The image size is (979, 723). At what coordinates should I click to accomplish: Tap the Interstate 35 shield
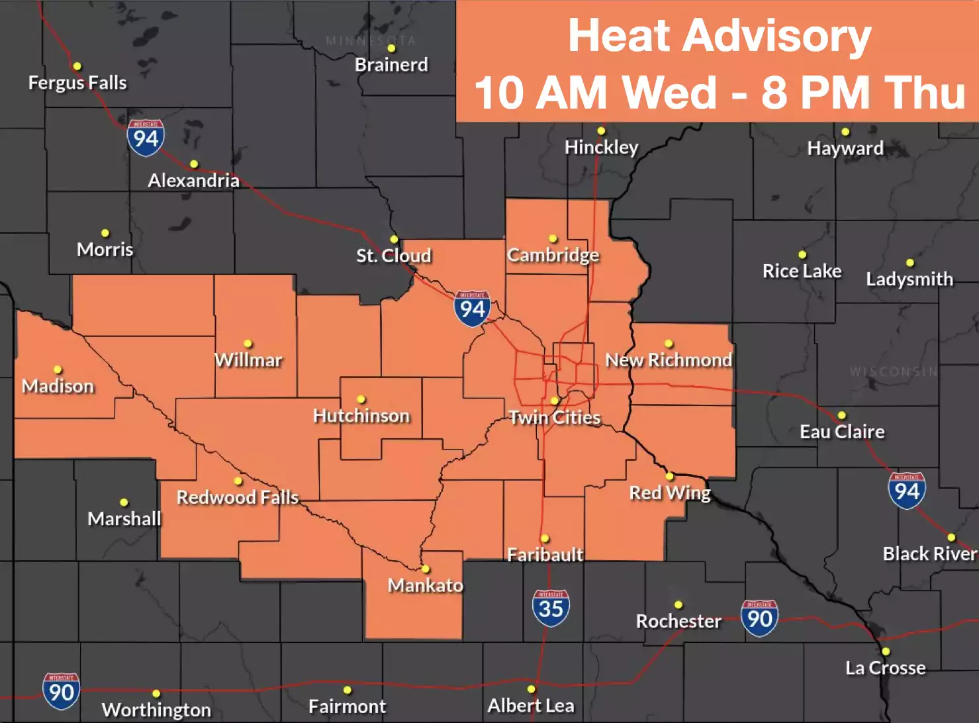551,608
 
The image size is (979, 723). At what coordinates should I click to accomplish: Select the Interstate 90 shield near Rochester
759,618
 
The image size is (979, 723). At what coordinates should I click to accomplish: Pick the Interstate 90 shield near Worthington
62,691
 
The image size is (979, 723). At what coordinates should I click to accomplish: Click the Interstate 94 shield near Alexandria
146,138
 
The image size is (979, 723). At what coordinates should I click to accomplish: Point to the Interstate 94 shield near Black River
906,490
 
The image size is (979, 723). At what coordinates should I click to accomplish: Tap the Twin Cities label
555,417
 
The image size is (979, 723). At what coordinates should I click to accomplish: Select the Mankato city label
425,585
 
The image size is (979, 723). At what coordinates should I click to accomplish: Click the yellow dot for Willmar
248,344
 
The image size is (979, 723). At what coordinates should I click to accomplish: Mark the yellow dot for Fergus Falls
77,66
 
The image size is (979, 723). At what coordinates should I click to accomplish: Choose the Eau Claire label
842,432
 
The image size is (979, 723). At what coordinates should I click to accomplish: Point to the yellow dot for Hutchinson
361,399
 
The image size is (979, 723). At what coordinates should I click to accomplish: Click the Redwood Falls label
237,497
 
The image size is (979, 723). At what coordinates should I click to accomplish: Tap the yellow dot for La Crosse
886,651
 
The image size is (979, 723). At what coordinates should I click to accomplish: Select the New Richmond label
669,360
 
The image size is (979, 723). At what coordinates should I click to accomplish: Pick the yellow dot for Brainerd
391,48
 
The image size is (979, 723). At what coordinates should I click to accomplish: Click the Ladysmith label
909,279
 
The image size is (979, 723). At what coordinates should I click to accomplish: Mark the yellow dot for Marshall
124,503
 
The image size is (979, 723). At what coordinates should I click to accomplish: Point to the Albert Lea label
531,706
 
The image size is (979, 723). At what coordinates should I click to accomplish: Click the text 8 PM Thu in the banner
863,92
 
